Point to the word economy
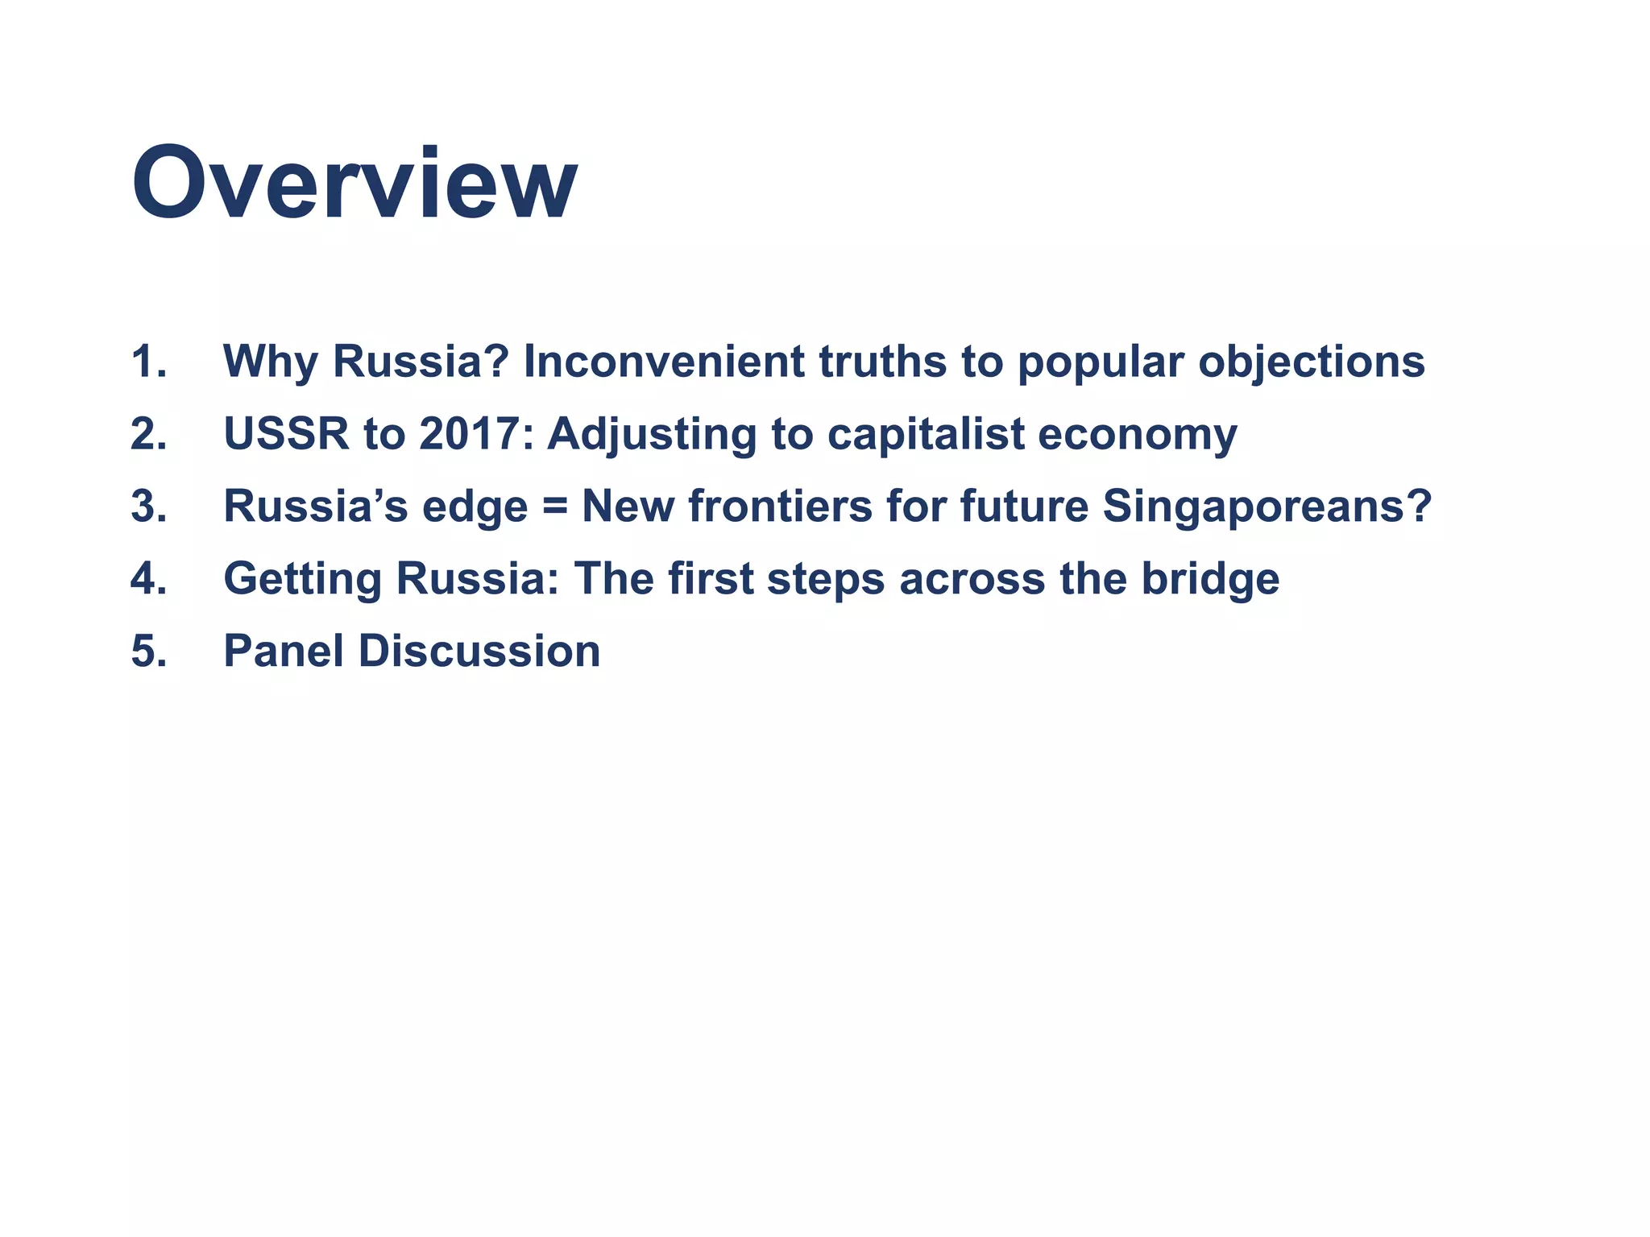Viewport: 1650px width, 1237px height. [1137, 436]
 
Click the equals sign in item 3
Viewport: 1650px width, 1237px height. [554, 507]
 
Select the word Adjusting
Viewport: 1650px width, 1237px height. [652, 436]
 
